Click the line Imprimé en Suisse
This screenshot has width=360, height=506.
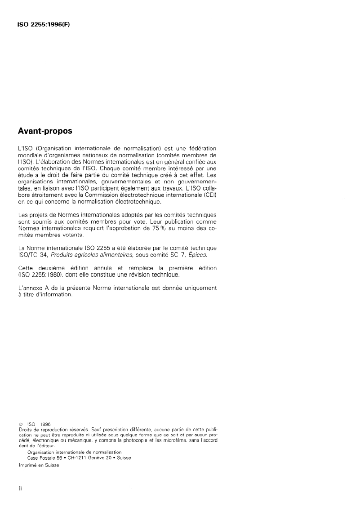(x=39, y=465)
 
